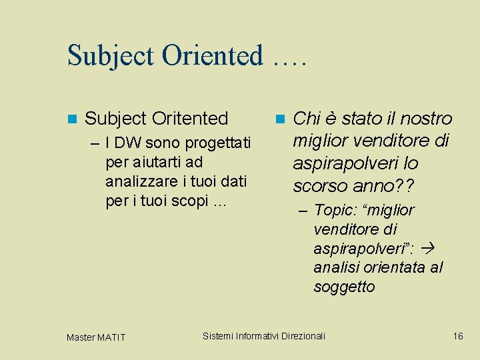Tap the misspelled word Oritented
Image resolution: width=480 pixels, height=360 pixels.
point(190,119)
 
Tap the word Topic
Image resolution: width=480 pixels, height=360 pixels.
point(335,211)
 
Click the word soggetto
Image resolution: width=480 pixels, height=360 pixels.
point(344,287)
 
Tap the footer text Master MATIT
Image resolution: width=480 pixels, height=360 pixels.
point(95,337)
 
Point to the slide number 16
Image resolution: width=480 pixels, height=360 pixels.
point(457,336)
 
